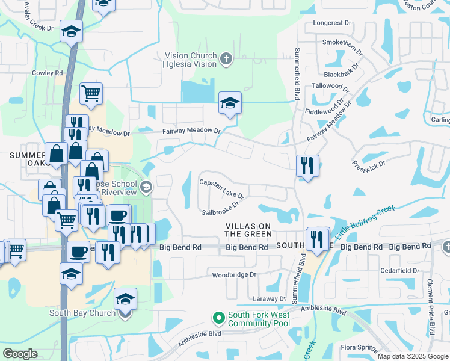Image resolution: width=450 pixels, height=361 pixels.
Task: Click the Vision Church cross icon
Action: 226,59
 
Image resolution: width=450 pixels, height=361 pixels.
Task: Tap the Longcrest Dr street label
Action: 332,23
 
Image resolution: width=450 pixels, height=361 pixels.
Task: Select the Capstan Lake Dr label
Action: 221,189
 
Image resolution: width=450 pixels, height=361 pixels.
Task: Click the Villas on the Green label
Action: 248,229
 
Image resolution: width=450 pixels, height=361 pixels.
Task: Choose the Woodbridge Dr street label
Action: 234,275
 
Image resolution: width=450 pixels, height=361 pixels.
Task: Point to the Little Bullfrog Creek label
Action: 366,221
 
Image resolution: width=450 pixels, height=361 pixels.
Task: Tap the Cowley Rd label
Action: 48,73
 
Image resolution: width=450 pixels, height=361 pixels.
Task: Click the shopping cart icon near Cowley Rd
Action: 91,94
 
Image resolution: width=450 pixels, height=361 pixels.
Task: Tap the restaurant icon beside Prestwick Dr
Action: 307,166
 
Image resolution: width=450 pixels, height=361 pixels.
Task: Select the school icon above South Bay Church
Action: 125,299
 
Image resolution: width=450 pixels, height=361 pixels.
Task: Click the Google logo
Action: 20,354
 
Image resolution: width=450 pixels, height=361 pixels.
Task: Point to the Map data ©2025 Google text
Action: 413,356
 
